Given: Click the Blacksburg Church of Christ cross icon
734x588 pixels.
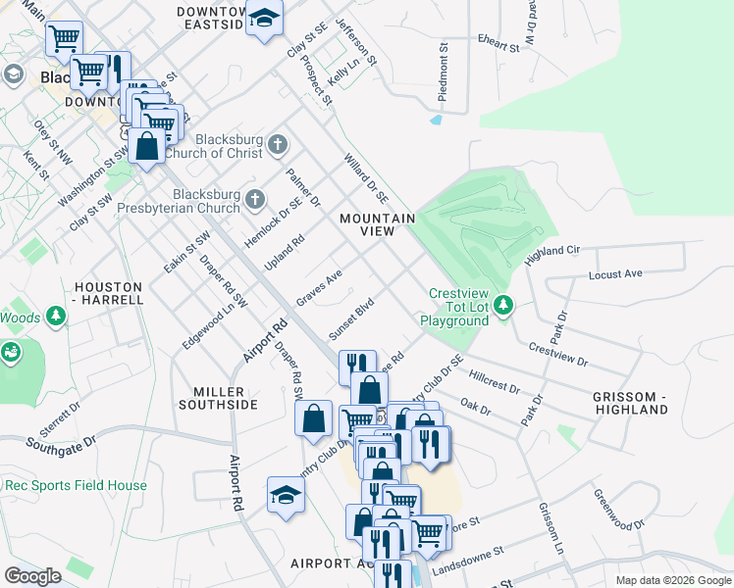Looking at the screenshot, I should (278, 145).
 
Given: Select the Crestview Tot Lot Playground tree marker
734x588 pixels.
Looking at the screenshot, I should (503, 306).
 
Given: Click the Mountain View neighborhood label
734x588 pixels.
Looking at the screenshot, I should (378, 224).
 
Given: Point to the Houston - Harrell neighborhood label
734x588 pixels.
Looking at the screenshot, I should (108, 294).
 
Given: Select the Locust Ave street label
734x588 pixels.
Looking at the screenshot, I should (614, 273).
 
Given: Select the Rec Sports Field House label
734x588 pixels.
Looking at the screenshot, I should (76, 485).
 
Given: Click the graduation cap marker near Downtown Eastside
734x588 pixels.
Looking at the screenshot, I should (263, 19).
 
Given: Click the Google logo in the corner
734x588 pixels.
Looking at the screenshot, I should (32, 576).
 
